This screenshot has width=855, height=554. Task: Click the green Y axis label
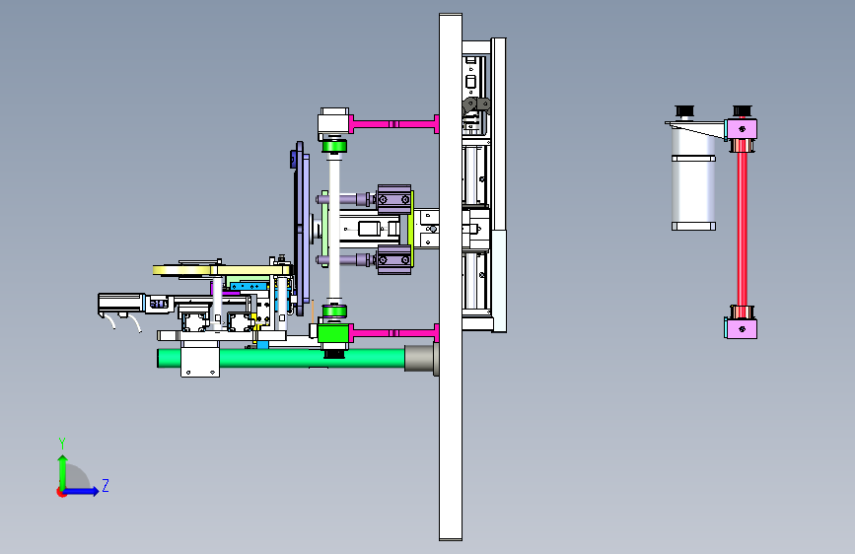coord(62,443)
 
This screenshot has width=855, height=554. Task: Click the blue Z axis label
coord(106,485)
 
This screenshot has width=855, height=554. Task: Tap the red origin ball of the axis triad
coord(61,492)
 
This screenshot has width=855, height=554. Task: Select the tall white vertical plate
coord(451,277)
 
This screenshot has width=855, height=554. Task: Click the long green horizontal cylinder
coord(281,358)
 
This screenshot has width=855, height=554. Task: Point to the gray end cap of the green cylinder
coord(421,358)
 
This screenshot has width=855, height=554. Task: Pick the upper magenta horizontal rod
coord(393,124)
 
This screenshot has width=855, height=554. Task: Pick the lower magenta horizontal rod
coord(393,332)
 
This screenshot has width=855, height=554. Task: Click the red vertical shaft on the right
coord(743,229)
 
